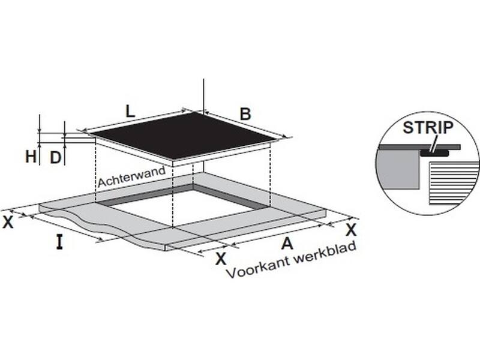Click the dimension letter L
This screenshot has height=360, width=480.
pos(130,112)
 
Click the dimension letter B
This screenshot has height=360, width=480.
pos(245,114)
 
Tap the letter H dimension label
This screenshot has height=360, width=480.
pos(31,157)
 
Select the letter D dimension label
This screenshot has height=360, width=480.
pos(55,158)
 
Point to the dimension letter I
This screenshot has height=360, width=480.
pos(59,242)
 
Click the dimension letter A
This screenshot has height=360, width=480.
pos(287,244)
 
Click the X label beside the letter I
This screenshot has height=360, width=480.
pos(8,222)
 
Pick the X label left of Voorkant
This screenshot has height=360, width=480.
pos(221,259)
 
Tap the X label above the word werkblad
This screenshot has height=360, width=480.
pos(351,230)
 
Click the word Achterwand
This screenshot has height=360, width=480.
pos(131,176)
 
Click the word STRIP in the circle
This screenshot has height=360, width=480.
pos(428,128)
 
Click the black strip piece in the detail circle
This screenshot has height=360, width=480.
pos(434,153)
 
